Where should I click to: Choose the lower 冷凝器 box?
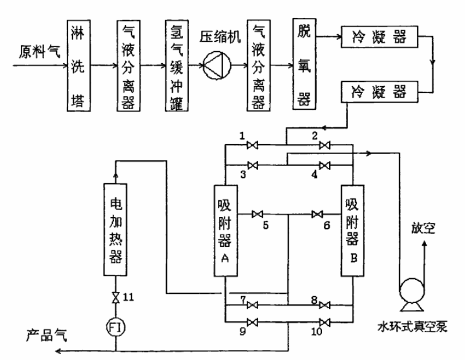[x=379, y=92]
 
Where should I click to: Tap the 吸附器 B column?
[x=353, y=231]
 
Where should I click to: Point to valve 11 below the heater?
[x=115, y=298]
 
